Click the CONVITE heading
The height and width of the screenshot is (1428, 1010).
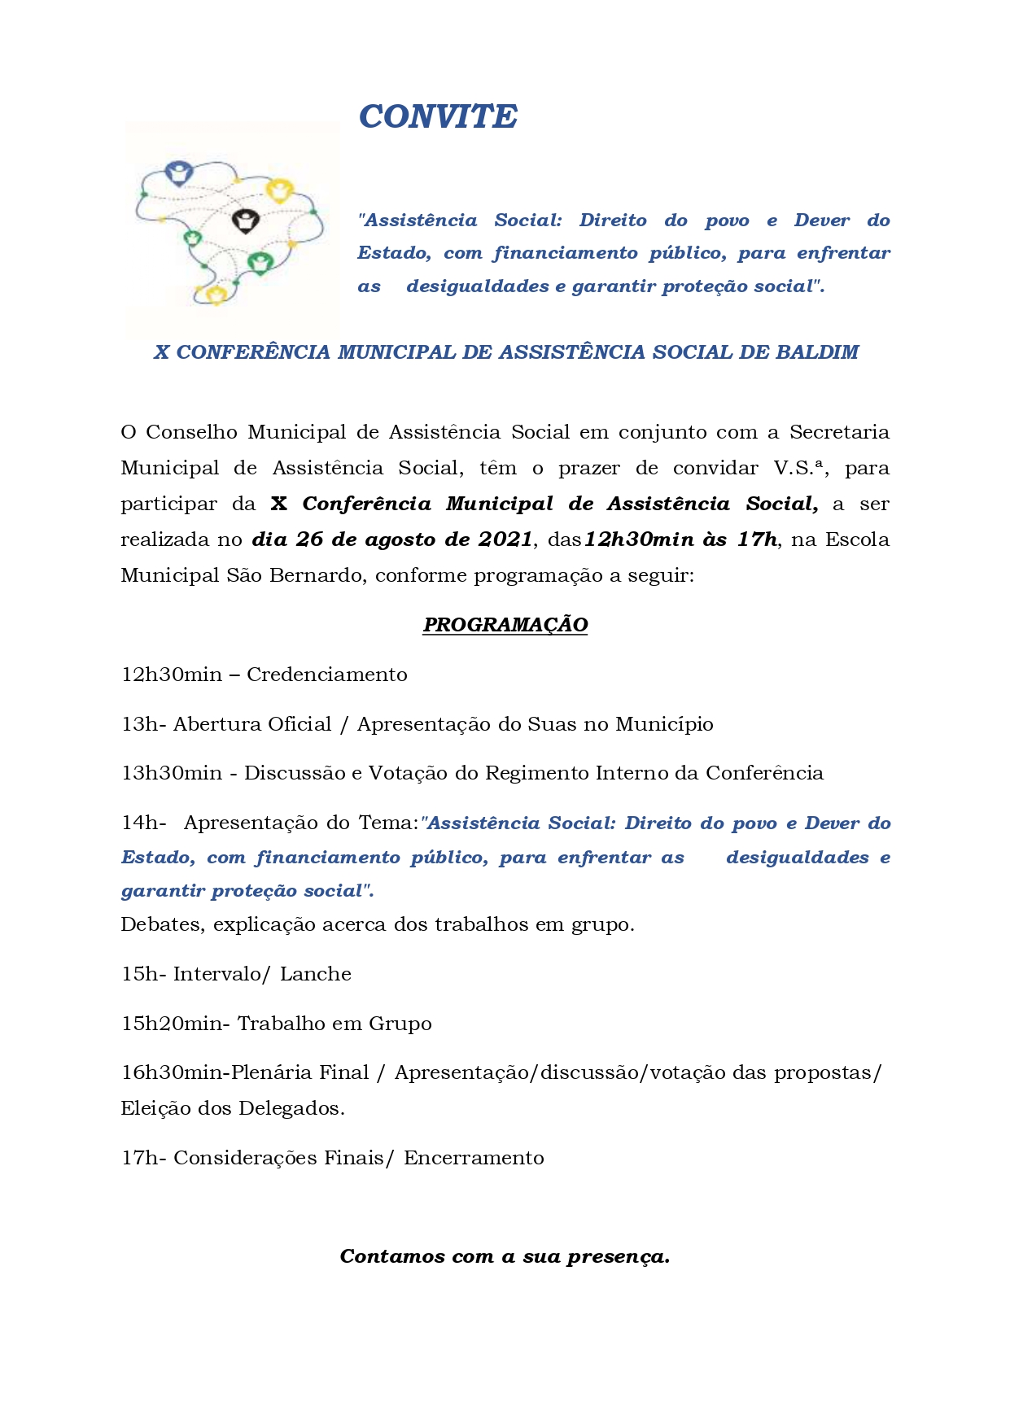[x=438, y=117]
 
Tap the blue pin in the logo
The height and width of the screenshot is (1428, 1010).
[x=177, y=172]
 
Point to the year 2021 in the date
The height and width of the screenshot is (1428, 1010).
[x=505, y=539]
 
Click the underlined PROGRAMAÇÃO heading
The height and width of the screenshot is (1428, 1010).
[x=505, y=625]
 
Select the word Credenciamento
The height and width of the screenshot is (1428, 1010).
[x=326, y=675]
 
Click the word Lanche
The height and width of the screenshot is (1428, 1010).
[x=316, y=974]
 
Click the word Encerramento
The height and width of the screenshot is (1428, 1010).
[x=474, y=1158]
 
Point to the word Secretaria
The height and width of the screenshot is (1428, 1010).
[x=839, y=432]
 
